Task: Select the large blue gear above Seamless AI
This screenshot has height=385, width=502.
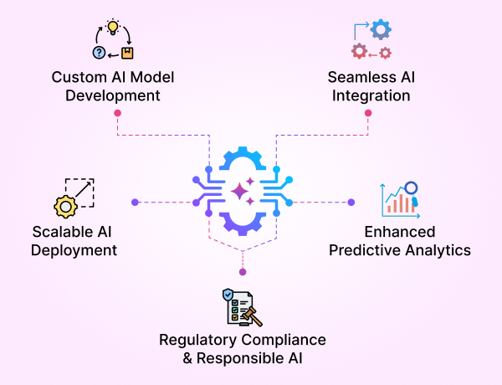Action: pyautogui.click(x=381, y=30)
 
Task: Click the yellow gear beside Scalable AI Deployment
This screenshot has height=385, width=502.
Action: pyautogui.click(x=65, y=206)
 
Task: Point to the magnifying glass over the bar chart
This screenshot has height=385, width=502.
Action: pyautogui.click(x=411, y=190)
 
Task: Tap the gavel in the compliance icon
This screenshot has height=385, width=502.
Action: pyautogui.click(x=249, y=316)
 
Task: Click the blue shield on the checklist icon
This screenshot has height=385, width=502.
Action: pyautogui.click(x=228, y=295)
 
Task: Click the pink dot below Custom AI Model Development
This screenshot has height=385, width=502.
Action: pyautogui.click(x=117, y=113)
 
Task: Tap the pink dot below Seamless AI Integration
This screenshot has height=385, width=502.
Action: pyautogui.click(x=368, y=113)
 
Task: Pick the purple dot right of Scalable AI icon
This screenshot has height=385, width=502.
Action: pyautogui.click(x=134, y=202)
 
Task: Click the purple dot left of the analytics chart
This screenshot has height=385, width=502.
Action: pyautogui.click(x=351, y=202)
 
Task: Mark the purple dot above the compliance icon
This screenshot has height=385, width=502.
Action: pyautogui.click(x=243, y=272)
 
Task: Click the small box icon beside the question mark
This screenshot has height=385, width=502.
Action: pyautogui.click(x=126, y=54)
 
